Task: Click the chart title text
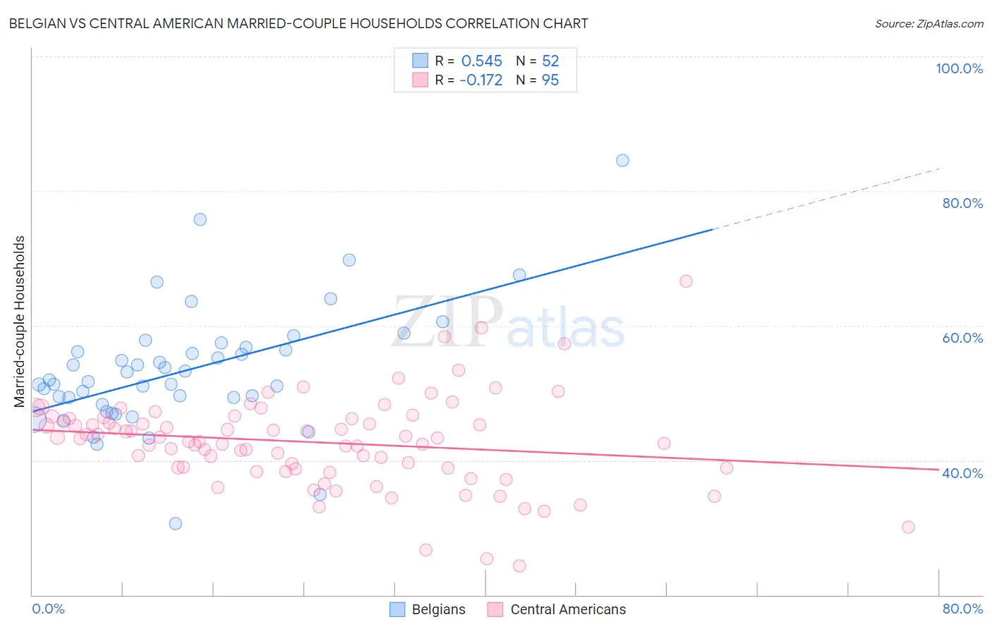(298, 23)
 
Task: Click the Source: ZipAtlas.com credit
(929, 23)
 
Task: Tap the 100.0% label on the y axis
(959, 68)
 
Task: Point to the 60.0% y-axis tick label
(962, 338)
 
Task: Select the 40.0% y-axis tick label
(962, 473)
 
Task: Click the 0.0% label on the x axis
(48, 609)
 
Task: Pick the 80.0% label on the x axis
(962, 609)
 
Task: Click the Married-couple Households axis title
(20, 322)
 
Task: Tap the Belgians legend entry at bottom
(428, 609)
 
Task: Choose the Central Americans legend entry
(557, 609)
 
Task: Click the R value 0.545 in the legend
(481, 61)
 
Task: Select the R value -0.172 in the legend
(480, 80)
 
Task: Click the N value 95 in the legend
(550, 80)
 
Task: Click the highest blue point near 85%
(622, 160)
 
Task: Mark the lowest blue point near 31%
(176, 523)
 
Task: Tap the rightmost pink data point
(908, 527)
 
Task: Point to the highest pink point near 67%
(686, 281)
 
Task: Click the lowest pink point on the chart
(519, 566)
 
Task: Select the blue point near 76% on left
(200, 219)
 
